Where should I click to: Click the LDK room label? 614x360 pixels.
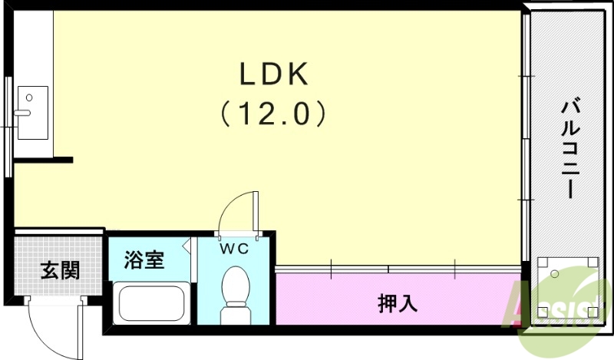tap(274, 74)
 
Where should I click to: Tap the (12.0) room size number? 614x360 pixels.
tap(274, 114)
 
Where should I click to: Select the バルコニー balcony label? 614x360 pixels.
tap(569, 148)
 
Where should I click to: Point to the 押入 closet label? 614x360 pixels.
tap(398, 302)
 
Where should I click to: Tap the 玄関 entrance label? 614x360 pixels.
tap(60, 271)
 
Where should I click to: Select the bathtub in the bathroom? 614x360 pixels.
tap(151, 305)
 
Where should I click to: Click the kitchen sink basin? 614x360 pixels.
tap(32, 112)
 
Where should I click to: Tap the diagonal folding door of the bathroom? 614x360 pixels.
tap(187, 246)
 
